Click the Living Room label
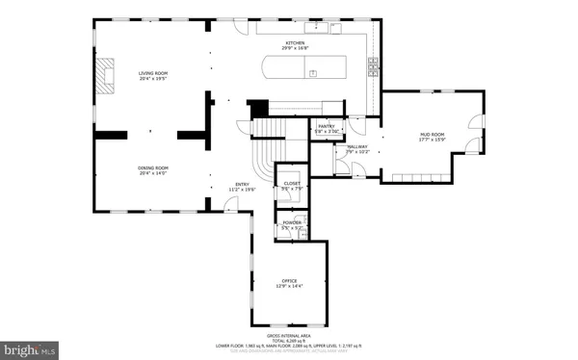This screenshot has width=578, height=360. [x=152, y=72]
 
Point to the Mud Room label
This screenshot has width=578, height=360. [x=431, y=134]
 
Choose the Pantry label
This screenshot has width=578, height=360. [x=327, y=126]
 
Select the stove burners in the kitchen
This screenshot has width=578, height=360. [x=373, y=66]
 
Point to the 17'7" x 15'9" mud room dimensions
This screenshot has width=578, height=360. [x=431, y=141]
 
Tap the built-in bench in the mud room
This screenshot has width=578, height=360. [x=424, y=177]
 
